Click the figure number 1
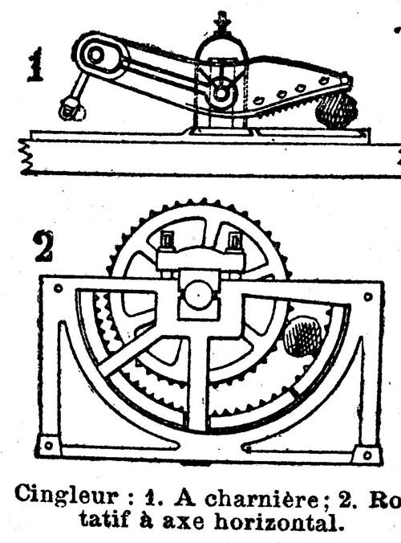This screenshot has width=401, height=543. [x=35, y=65]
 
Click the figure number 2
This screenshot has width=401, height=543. [x=43, y=247]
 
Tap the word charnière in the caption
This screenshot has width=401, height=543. [x=263, y=499]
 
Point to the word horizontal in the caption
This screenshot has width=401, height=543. [x=279, y=521]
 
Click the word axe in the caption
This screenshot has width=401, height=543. [x=183, y=522]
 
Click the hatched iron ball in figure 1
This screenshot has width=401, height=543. [x=336, y=110]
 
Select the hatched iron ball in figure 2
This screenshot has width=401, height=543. [x=302, y=335]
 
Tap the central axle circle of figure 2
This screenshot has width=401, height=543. [x=198, y=296]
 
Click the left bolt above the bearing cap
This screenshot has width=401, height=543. [x=167, y=240]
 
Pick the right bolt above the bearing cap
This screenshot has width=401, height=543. [x=235, y=240]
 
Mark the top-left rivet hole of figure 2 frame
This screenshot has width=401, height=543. [x=58, y=288]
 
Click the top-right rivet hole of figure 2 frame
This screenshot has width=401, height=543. [x=368, y=296]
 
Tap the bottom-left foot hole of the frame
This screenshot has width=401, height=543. [x=49, y=445]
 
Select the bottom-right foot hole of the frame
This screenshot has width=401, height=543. [x=367, y=455]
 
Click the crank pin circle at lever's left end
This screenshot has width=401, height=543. [x=95, y=55]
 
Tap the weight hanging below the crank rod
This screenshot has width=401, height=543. [x=72, y=108]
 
